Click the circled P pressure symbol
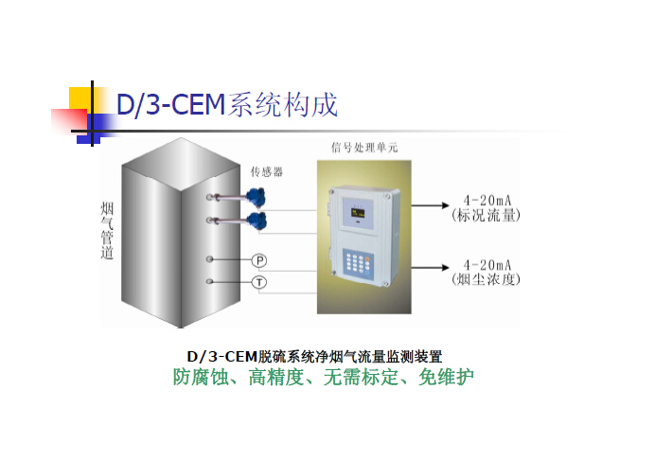[257, 259]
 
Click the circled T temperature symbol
[257, 282]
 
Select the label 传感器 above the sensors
[266, 171]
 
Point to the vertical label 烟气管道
[107, 229]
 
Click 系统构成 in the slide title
[283, 104]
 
